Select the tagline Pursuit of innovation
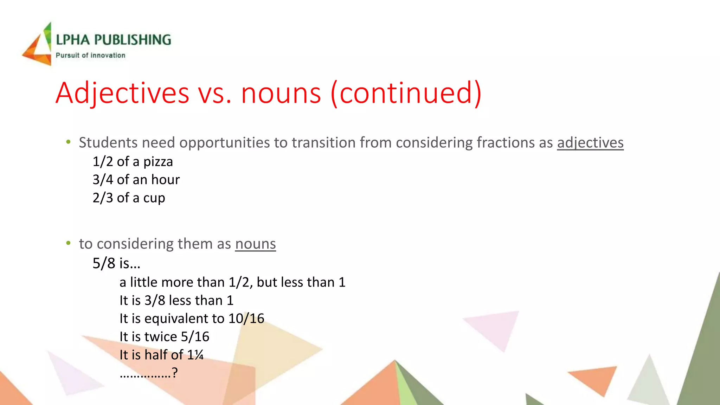90,56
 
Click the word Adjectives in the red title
122,93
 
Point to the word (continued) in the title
406,93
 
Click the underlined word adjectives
590,143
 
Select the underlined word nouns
255,244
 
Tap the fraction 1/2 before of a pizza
103,162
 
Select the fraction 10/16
246,319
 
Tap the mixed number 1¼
195,355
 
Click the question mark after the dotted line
175,372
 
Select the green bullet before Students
68,142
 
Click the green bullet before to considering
68,243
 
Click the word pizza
158,162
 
